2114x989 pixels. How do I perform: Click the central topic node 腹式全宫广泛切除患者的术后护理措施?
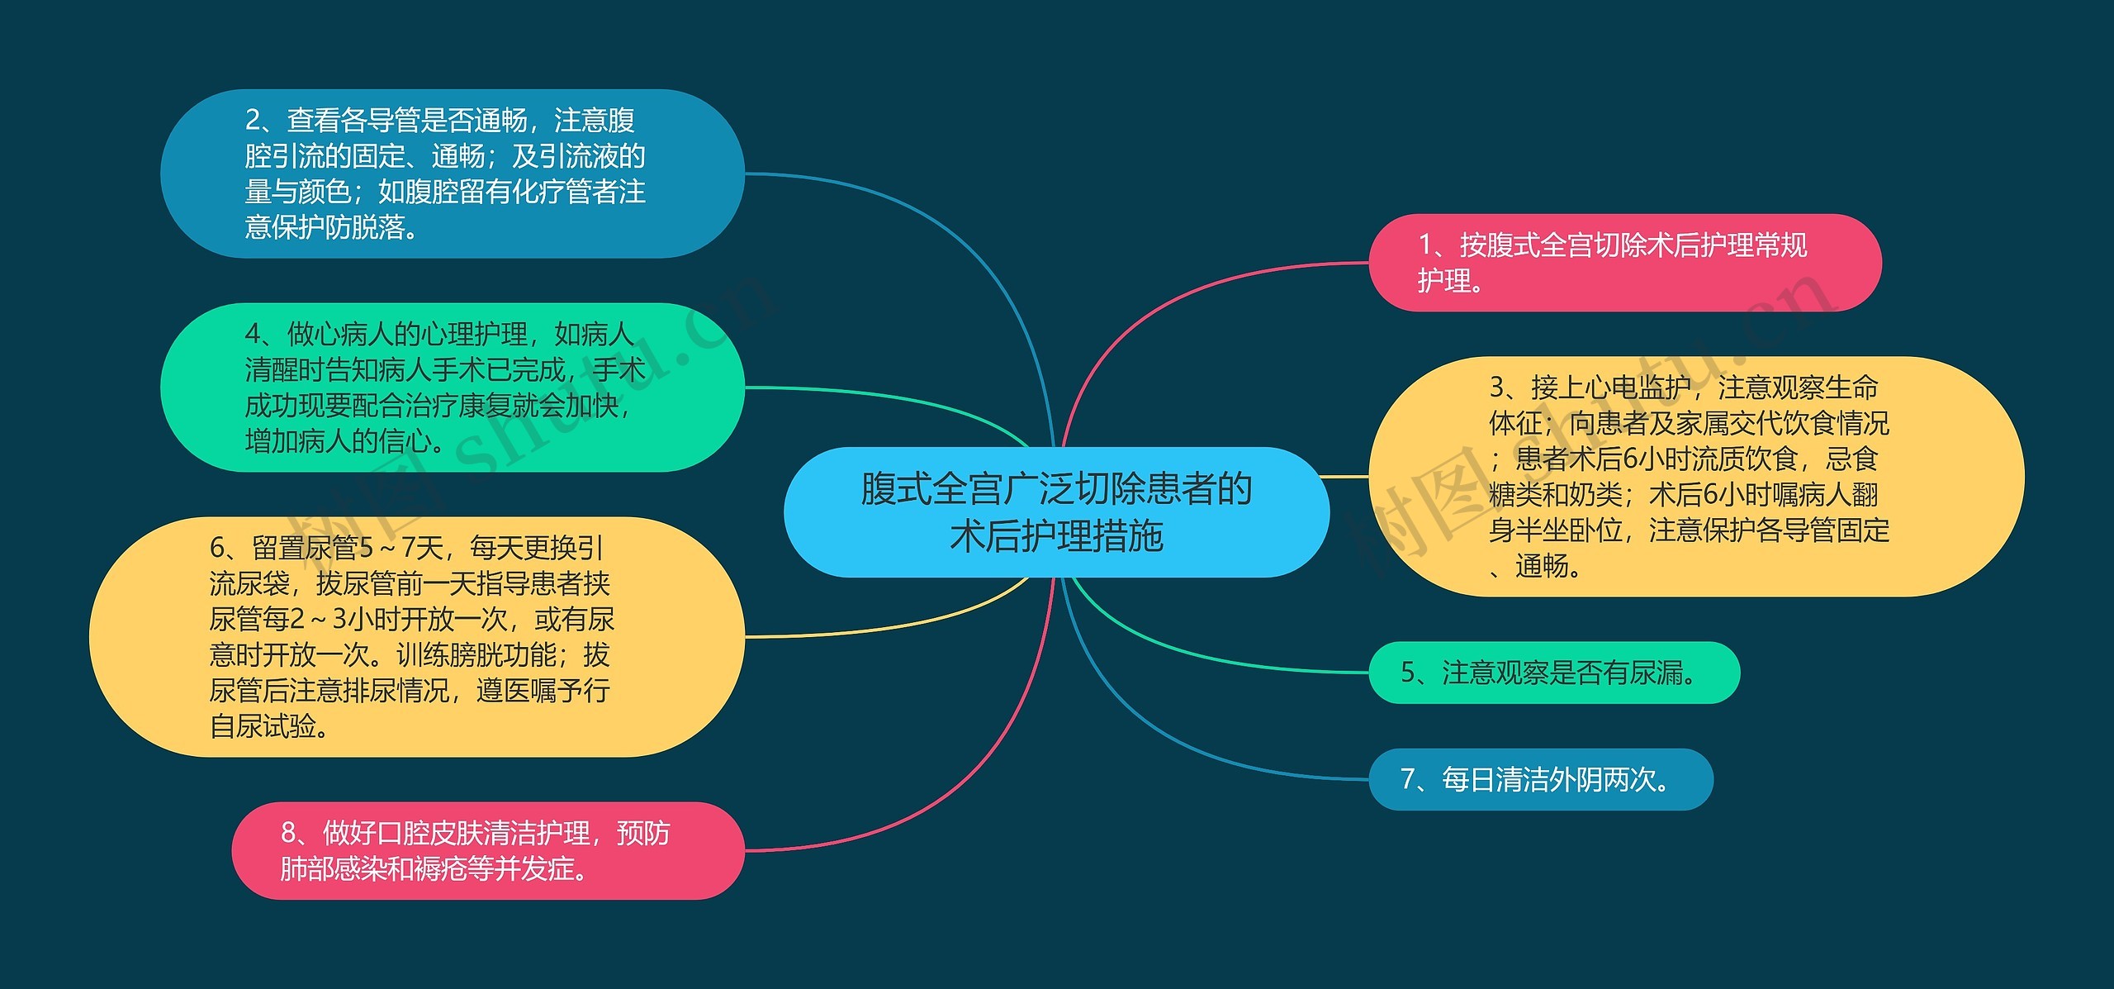1056,511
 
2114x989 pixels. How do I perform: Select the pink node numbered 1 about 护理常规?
1624,263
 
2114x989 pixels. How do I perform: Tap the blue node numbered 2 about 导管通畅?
452,174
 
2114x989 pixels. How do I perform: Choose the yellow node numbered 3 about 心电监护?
1696,477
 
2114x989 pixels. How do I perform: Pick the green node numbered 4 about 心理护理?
452,388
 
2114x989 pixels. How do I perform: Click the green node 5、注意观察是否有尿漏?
1553,673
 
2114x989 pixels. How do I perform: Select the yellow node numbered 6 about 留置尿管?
416,637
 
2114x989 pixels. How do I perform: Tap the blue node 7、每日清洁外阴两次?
1540,779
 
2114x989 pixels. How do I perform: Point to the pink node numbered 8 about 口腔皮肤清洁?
487,850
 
